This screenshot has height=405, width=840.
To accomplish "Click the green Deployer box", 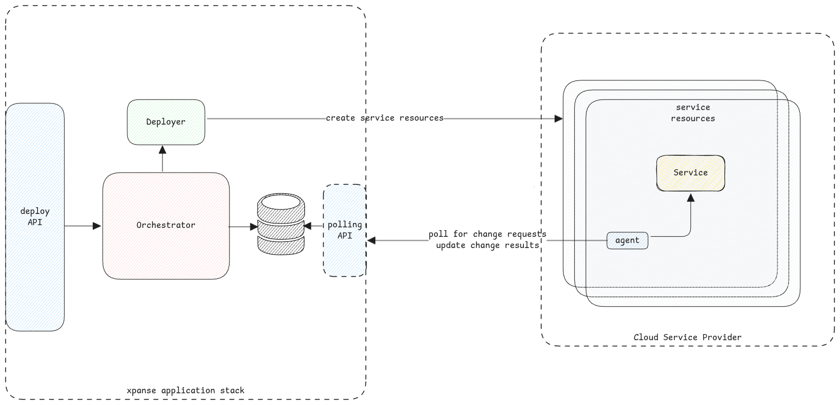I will [166, 122].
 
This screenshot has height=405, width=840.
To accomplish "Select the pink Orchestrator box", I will [166, 225].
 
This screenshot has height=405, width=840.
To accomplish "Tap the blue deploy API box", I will [35, 217].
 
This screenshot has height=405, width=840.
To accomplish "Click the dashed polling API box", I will [345, 230].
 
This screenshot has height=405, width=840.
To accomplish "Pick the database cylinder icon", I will [280, 225].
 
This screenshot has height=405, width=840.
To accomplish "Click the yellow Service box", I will [690, 173].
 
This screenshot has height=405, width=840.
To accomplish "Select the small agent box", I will [627, 241].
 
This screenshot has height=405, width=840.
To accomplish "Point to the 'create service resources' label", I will [384, 118].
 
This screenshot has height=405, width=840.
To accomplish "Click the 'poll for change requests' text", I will [487, 234].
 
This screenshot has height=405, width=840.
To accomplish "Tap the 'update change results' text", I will [487, 245].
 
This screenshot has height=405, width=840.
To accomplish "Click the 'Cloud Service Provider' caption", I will [687, 337].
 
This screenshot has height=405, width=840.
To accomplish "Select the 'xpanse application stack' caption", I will [185, 390].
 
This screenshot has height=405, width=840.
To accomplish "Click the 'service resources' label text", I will [693, 113].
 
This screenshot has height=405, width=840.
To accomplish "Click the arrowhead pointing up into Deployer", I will [163, 150].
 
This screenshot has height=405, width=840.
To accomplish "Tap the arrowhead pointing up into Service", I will [691, 198].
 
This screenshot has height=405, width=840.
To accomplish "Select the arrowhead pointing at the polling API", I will [371, 241].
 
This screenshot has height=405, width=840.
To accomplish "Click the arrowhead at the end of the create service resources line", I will [558, 118].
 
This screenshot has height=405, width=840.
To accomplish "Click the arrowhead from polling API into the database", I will [307, 226].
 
